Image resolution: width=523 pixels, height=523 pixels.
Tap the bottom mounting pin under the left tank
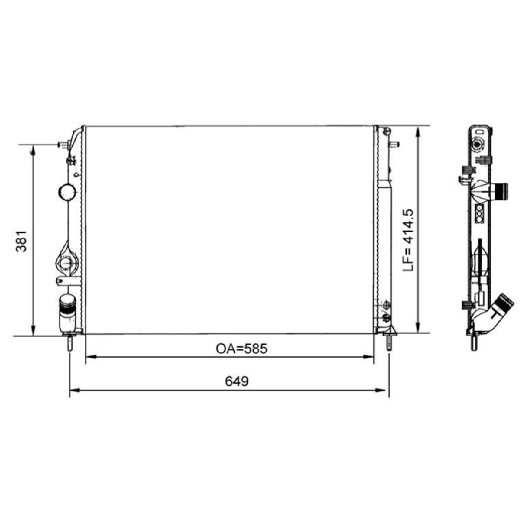[69, 343]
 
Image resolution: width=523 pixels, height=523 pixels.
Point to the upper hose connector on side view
[501, 192]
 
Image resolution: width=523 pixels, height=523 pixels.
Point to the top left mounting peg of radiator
[63, 144]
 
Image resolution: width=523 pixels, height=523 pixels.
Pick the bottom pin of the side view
[474, 343]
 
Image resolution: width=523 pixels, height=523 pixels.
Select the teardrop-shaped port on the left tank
[66, 261]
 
